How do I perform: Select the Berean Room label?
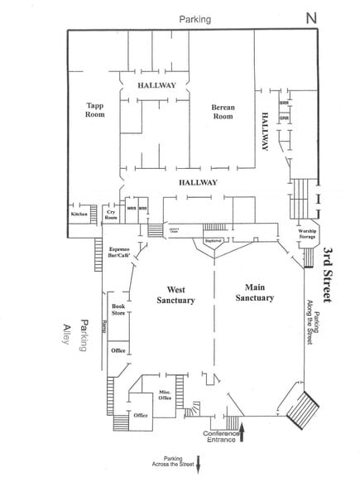click(222, 112)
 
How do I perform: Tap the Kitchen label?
click(79, 214)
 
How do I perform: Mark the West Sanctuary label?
click(175, 295)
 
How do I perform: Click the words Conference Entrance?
click(223, 436)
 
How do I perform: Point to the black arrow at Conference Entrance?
click(242, 427)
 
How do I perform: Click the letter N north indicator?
click(310, 17)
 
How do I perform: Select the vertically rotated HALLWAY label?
click(266, 131)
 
